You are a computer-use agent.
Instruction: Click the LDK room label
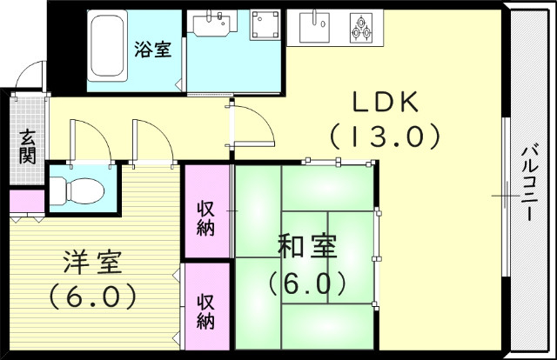[386, 102]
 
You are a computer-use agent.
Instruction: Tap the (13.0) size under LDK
[386, 137]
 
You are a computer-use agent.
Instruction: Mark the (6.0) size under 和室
[307, 283]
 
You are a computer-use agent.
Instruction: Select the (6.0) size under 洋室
[91, 297]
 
